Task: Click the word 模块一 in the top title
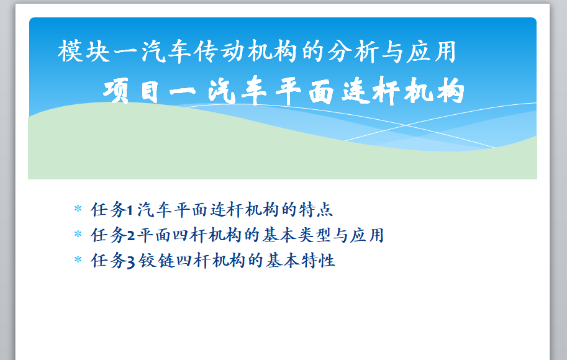(98, 52)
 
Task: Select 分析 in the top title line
(353, 52)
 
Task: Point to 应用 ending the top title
(431, 52)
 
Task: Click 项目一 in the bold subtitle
(149, 91)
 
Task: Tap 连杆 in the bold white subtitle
(371, 91)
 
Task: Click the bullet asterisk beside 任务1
(78, 209)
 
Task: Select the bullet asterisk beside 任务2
(78, 234)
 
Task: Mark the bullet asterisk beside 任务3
(78, 259)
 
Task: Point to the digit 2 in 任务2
(131, 236)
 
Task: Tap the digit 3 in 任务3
(131, 261)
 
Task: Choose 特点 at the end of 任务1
(315, 210)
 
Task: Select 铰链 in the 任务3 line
(156, 260)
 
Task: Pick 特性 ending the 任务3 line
(319, 260)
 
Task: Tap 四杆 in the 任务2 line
(189, 235)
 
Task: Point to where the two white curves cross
(405, 125)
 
